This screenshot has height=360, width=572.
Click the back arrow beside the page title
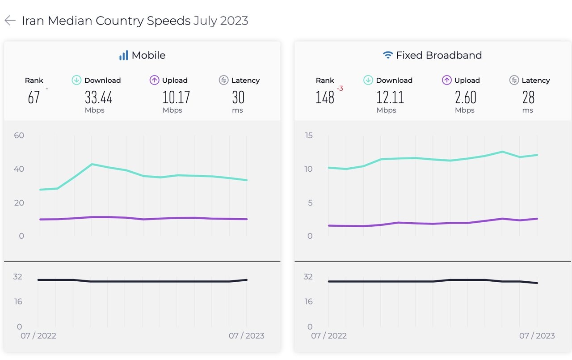pyautogui.click(x=10, y=21)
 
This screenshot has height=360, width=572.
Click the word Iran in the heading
pyautogui.click(x=33, y=21)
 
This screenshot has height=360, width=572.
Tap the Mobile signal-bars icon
pyautogui.click(x=123, y=55)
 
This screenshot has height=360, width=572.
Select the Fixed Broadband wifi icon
pyautogui.click(x=388, y=55)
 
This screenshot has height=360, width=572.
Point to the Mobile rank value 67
pyautogui.click(x=34, y=97)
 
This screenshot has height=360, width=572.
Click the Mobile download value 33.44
pyautogui.click(x=98, y=97)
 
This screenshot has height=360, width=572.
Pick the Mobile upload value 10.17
pyautogui.click(x=176, y=97)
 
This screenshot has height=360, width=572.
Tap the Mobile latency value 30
pyautogui.click(x=238, y=97)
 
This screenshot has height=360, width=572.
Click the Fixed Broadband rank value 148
pyautogui.click(x=325, y=97)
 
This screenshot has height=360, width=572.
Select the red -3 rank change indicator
pyautogui.click(x=340, y=89)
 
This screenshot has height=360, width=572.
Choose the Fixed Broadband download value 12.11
pyautogui.click(x=390, y=97)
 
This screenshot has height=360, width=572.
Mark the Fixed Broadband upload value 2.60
pyautogui.click(x=465, y=97)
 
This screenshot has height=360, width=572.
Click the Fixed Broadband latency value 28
pyautogui.click(x=528, y=97)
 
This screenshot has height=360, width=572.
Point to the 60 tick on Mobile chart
pyautogui.click(x=19, y=136)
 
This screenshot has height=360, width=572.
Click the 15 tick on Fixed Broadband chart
pyautogui.click(x=308, y=136)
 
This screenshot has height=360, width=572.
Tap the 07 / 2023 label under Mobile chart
pyautogui.click(x=246, y=336)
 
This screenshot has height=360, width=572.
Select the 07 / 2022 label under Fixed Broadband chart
pyautogui.click(x=329, y=336)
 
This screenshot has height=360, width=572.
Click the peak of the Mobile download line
pyautogui.click(x=92, y=164)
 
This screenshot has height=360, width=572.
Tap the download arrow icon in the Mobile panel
pyautogui.click(x=76, y=80)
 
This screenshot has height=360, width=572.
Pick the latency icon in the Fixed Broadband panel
pyautogui.click(x=514, y=80)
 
